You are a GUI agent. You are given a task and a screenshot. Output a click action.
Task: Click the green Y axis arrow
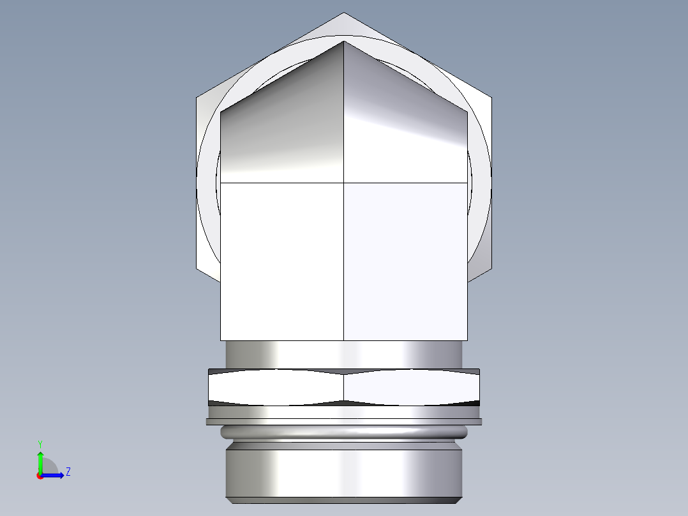pos(40,461)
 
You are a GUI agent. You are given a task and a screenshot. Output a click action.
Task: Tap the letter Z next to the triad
pos(68,472)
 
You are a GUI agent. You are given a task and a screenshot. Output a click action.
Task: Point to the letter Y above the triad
pos(40,443)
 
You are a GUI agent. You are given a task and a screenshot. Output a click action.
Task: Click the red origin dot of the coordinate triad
pos(40,476)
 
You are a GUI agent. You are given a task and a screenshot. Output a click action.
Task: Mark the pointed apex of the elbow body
pos(344,42)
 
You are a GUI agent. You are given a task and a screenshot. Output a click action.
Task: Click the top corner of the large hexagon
pos(344,13)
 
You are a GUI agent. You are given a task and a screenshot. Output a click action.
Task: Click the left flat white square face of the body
pos(282,262)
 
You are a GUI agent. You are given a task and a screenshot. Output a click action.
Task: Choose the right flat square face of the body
pos(405,262)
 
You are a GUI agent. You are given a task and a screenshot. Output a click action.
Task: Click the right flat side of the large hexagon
pos(482,185)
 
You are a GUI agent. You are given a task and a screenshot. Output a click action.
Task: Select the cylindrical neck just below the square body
pos(344,354)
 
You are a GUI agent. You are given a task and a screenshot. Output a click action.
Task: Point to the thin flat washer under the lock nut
pos(344,421)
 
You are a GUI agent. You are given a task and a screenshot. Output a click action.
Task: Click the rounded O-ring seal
pos(344,432)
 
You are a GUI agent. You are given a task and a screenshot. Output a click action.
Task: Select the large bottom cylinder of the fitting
pos(344,473)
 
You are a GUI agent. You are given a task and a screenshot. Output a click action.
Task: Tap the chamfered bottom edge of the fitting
pos(344,500)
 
